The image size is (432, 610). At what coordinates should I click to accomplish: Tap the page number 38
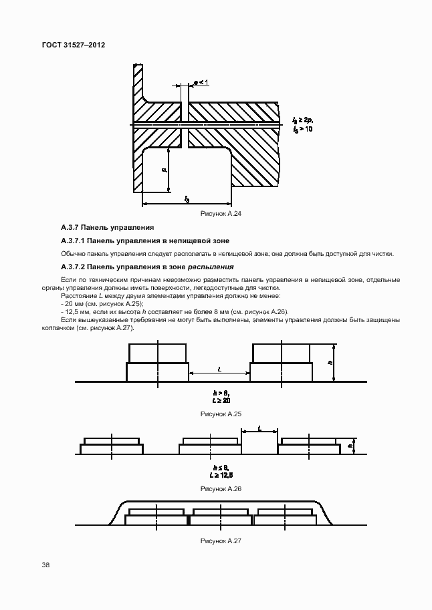[45, 565]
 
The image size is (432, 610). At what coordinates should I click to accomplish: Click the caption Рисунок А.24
[221, 213]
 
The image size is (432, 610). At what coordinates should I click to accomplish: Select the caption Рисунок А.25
[221, 415]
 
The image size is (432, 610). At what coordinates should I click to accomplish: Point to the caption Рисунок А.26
[221, 489]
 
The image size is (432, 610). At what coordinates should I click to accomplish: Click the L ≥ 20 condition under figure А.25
[221, 400]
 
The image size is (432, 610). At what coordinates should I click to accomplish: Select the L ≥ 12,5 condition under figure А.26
[221, 475]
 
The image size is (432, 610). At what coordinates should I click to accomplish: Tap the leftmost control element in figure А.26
[112, 446]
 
